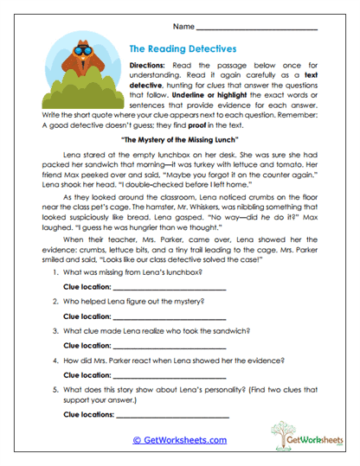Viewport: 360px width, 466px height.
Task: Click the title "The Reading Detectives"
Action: (x=182, y=50)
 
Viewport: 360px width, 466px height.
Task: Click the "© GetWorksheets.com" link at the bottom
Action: (x=180, y=440)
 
